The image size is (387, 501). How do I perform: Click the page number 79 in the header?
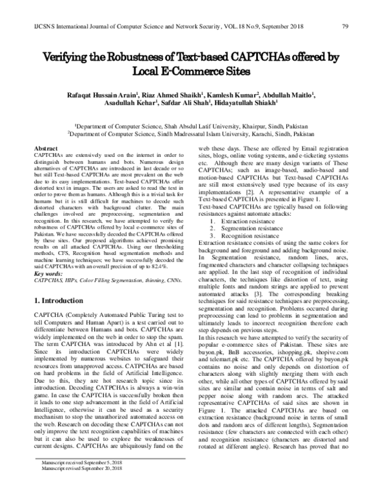point(345,26)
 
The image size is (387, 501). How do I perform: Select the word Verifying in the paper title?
point(71,57)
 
